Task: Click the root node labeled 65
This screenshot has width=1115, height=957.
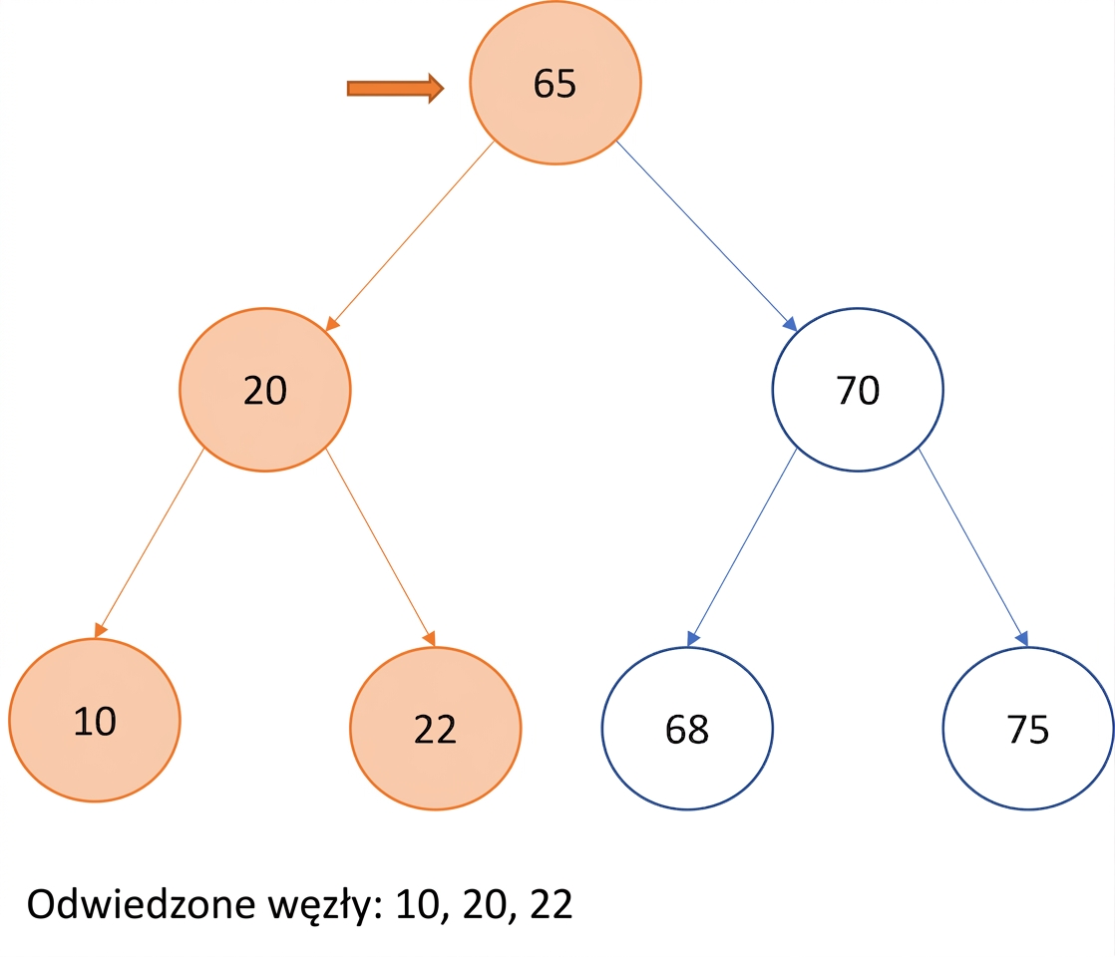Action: pyautogui.click(x=555, y=83)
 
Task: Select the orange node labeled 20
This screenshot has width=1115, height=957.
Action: pyautogui.click(x=264, y=390)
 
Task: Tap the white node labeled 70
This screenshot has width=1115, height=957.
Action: pyautogui.click(x=858, y=390)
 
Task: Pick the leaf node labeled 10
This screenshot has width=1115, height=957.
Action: pyautogui.click(x=95, y=720)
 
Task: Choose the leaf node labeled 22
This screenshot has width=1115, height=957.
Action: pyautogui.click(x=435, y=728)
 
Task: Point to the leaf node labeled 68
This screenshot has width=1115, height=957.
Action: pyautogui.click(x=687, y=728)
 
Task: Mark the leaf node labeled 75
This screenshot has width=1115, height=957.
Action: pyautogui.click(x=1028, y=728)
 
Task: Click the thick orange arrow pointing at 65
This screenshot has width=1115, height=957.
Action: pyautogui.click(x=395, y=88)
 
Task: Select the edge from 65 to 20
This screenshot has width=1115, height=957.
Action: pyautogui.click(x=410, y=236)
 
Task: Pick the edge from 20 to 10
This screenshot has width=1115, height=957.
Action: pyautogui.click(x=150, y=543)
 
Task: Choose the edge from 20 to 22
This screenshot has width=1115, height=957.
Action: pyautogui.click(x=380, y=547)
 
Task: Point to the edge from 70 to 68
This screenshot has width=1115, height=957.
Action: pyautogui.click(x=742, y=547)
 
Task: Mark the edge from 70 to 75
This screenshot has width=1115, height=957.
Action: pyautogui.click(x=973, y=547)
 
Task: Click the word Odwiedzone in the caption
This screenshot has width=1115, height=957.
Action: pyautogui.click(x=141, y=904)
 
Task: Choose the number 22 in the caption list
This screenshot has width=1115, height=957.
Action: pyautogui.click(x=552, y=904)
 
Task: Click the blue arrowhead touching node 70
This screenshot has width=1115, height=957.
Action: pyautogui.click(x=790, y=324)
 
